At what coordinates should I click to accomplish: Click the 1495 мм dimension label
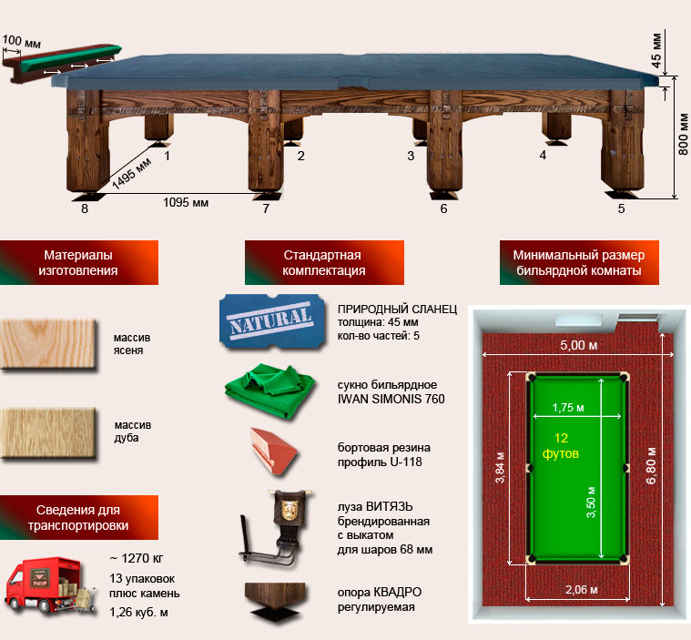131,173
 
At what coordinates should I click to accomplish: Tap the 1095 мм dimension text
186,203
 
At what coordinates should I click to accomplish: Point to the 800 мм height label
683,134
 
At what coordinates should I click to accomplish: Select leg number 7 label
266,208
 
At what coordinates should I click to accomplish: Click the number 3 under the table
411,156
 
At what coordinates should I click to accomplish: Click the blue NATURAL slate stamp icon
272,321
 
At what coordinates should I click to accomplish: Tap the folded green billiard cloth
269,391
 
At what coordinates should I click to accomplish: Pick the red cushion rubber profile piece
274,451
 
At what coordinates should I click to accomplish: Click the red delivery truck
44,584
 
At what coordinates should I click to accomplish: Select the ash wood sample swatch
48,344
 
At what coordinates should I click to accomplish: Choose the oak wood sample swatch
48,433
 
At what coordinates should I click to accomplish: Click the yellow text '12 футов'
561,445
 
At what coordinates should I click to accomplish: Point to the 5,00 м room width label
579,345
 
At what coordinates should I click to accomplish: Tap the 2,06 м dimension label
582,589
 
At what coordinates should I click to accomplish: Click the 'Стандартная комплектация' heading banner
324,262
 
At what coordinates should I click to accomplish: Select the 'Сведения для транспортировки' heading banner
79,517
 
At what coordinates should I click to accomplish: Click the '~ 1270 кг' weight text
137,558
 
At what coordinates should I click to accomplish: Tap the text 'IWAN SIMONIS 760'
391,399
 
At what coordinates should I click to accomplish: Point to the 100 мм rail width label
21,42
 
